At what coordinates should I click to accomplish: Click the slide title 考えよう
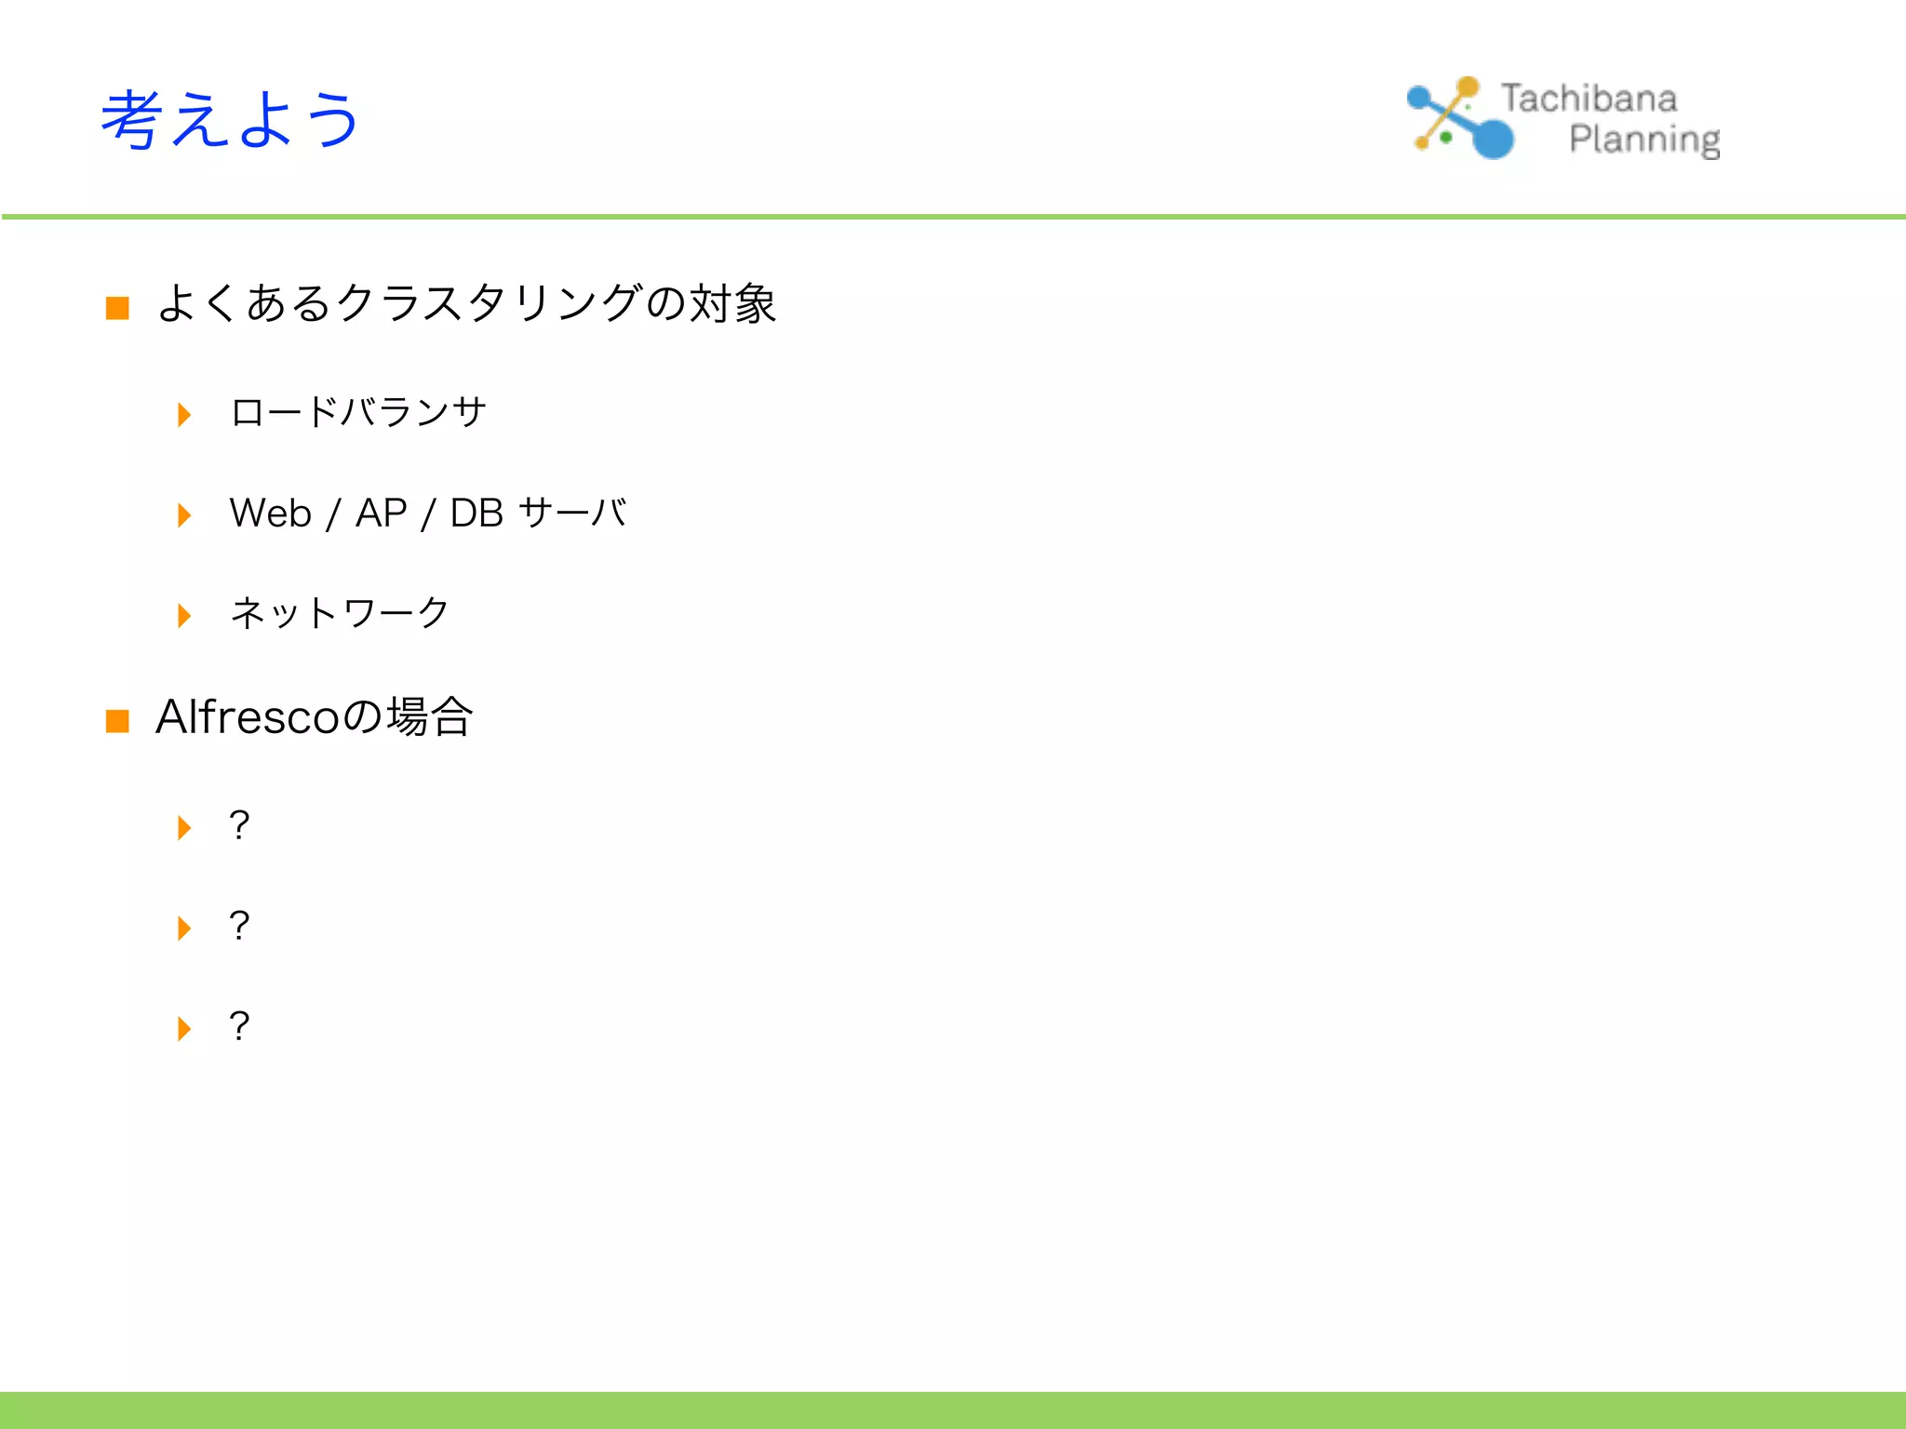[230, 119]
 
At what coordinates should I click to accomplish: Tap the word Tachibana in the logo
[1589, 99]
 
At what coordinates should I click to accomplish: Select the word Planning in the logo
[1644, 140]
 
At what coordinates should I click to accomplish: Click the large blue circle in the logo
[1493, 140]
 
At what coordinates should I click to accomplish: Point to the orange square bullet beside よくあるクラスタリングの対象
[117, 308]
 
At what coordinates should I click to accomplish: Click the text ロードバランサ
[358, 412]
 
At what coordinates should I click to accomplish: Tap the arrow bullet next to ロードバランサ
[184, 414]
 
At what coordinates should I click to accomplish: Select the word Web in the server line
[270, 513]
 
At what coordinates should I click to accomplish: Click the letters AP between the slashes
[381, 513]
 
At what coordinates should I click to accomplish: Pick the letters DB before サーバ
[476, 513]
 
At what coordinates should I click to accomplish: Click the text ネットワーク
[340, 613]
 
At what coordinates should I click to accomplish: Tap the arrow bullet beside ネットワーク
[184, 615]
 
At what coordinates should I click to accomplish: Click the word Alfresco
[247, 716]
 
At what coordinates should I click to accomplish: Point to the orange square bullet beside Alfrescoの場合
[117, 721]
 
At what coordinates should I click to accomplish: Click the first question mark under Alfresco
[239, 825]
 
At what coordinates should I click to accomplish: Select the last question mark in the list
[239, 1026]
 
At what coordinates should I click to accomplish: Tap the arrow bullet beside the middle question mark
[184, 928]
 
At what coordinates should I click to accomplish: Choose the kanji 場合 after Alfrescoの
[430, 716]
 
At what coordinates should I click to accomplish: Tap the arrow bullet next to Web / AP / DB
[184, 514]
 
